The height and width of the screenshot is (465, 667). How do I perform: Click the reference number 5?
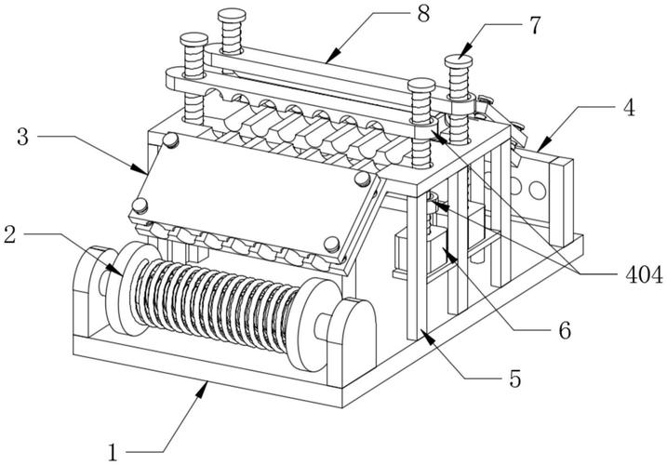click(x=513, y=379)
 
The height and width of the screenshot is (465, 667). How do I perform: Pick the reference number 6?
click(x=564, y=329)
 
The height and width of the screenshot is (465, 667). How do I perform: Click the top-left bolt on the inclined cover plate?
click(x=170, y=139)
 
